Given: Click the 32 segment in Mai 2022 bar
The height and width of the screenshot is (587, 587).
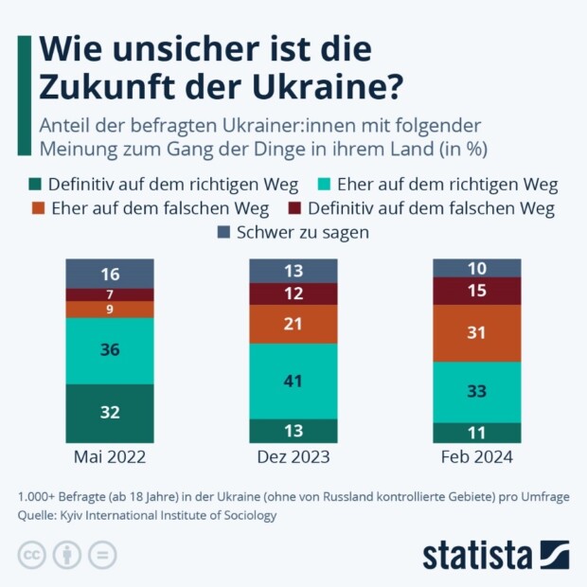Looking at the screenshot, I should point(109,413).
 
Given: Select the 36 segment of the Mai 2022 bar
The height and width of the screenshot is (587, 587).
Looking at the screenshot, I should point(109,350).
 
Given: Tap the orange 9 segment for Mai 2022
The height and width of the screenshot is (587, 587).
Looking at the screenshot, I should point(109,309).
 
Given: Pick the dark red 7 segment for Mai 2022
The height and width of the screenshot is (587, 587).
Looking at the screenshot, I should point(109,294).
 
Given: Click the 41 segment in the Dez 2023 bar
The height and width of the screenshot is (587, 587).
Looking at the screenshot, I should point(293,381).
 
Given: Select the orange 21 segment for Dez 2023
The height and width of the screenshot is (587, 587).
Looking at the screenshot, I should point(293,324).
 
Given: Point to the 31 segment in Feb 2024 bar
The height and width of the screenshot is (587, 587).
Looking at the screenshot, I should point(476,333).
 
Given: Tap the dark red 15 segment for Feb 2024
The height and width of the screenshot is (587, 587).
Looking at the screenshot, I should point(476,292).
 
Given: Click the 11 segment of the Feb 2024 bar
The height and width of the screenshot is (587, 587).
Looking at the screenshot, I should point(476,432).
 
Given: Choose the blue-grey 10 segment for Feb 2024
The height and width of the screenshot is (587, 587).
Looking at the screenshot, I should point(476,268).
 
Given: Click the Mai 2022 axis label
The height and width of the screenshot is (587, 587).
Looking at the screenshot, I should point(109,458).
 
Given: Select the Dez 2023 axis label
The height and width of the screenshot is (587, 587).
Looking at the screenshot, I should point(293,458).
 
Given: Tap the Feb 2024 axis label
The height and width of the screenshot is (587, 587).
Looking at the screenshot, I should point(476,458).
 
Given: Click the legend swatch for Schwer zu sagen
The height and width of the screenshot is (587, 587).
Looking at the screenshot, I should point(224,232).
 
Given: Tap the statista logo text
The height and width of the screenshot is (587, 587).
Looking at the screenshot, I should point(478,554).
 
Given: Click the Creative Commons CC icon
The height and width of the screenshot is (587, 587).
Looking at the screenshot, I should point(32,554).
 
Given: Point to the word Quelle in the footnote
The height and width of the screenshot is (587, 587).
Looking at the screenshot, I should point(39,516).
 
